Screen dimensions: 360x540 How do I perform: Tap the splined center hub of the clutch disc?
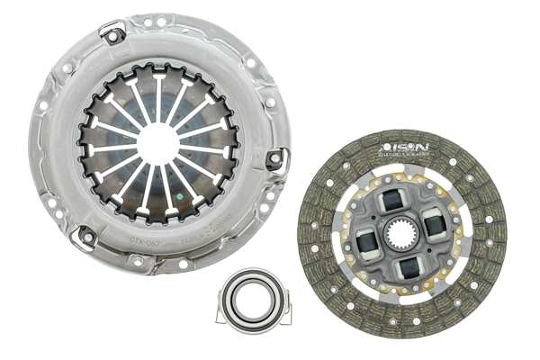pos(400,237)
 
